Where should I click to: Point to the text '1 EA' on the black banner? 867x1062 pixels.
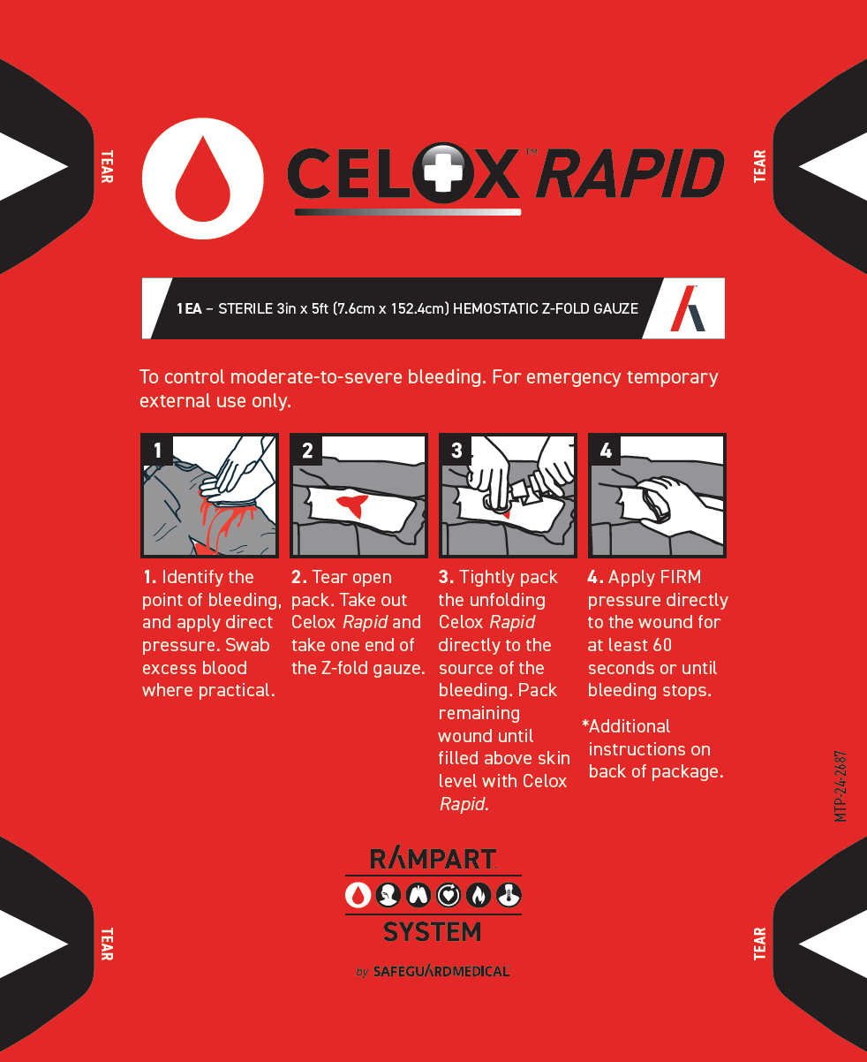click(188, 309)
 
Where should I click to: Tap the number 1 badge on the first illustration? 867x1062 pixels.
click(157, 451)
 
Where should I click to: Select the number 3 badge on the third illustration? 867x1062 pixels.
click(456, 451)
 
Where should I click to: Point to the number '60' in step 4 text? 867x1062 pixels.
click(661, 646)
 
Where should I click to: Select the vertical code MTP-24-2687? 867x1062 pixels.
click(841, 785)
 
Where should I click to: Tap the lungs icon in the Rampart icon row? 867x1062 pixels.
click(418, 895)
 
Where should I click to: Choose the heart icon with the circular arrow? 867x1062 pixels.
click(449, 895)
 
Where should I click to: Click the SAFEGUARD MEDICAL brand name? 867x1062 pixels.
click(441, 971)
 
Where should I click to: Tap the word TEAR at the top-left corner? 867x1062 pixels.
click(106, 166)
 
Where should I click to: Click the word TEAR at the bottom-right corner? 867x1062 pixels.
click(760, 943)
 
